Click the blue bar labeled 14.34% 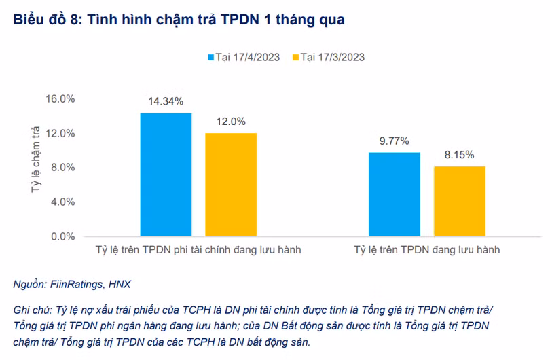[166, 175]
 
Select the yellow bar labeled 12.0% [231, 185]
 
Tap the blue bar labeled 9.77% [394, 194]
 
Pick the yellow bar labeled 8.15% [460, 201]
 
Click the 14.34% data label [166, 102]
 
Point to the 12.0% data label [231, 122]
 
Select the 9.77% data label [394, 141]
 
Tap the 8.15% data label [460, 155]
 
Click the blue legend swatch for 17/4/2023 [210, 57]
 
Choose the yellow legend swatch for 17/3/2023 [295, 57]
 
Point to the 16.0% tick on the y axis [60, 98]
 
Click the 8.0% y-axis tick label [62, 168]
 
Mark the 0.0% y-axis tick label [62, 237]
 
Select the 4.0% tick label [62, 202]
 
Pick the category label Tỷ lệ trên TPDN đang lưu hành [426, 250]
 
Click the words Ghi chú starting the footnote [31, 309]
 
